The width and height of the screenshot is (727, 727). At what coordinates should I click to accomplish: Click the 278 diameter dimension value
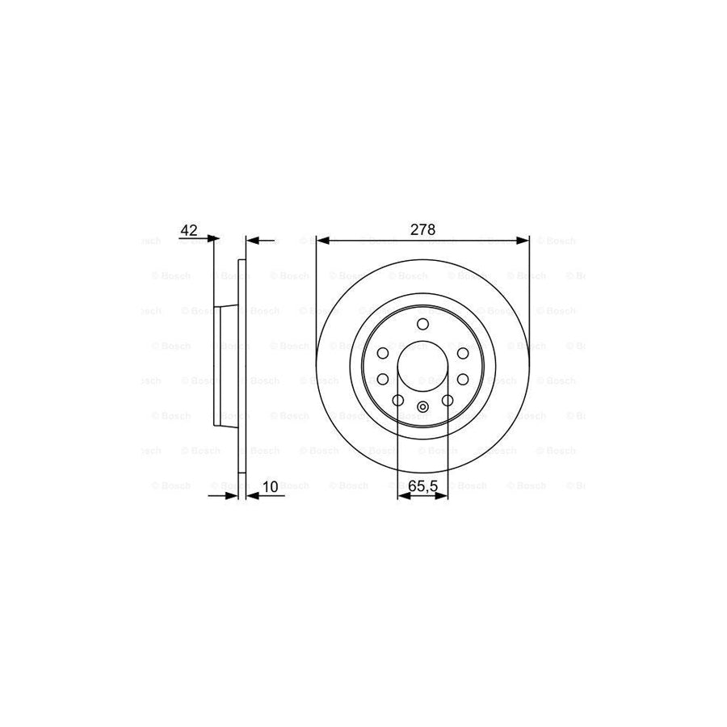pyautogui.click(x=422, y=229)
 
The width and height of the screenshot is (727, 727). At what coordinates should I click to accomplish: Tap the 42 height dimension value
pyautogui.click(x=189, y=230)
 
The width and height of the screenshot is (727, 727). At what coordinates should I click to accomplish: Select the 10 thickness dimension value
pyautogui.click(x=270, y=486)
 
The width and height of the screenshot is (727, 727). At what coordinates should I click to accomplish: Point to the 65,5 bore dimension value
pyautogui.click(x=422, y=486)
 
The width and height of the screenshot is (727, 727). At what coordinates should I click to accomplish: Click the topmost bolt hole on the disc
pyautogui.click(x=422, y=325)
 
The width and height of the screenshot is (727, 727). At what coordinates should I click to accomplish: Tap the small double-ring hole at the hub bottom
pyautogui.click(x=422, y=408)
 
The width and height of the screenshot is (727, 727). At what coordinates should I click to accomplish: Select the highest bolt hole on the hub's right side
pyautogui.click(x=462, y=353)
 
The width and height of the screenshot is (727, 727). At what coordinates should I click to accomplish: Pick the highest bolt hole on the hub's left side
pyautogui.click(x=383, y=353)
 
